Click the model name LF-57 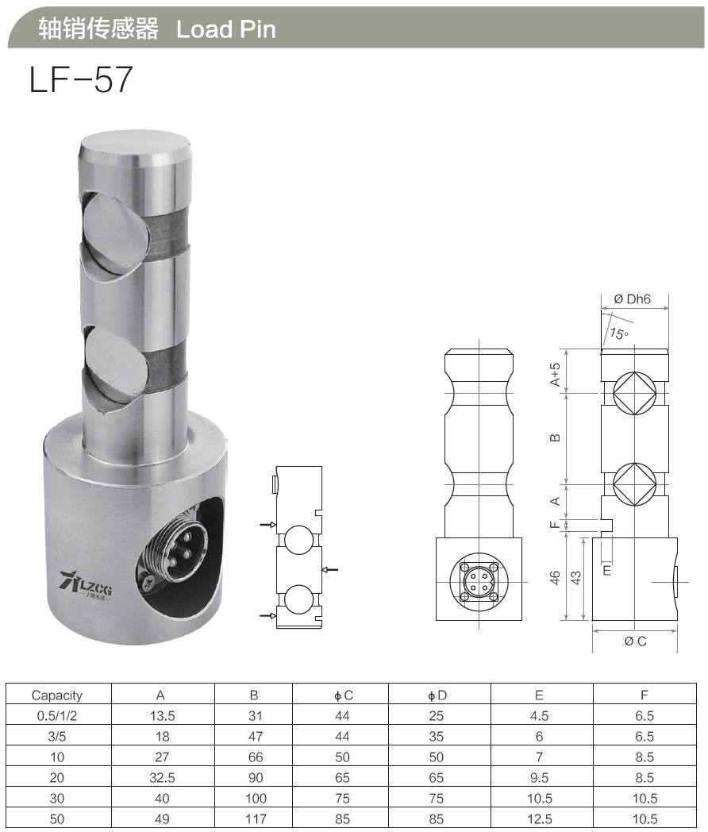(80, 80)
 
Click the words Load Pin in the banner (225, 29)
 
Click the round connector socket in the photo (181, 547)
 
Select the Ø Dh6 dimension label (632, 299)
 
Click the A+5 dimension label (556, 373)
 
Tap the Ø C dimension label (635, 641)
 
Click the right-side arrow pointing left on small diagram (332, 569)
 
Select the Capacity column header (57, 695)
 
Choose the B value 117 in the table (254, 819)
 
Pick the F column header (645, 695)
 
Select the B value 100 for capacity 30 (254, 799)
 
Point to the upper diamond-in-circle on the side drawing (634, 393)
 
